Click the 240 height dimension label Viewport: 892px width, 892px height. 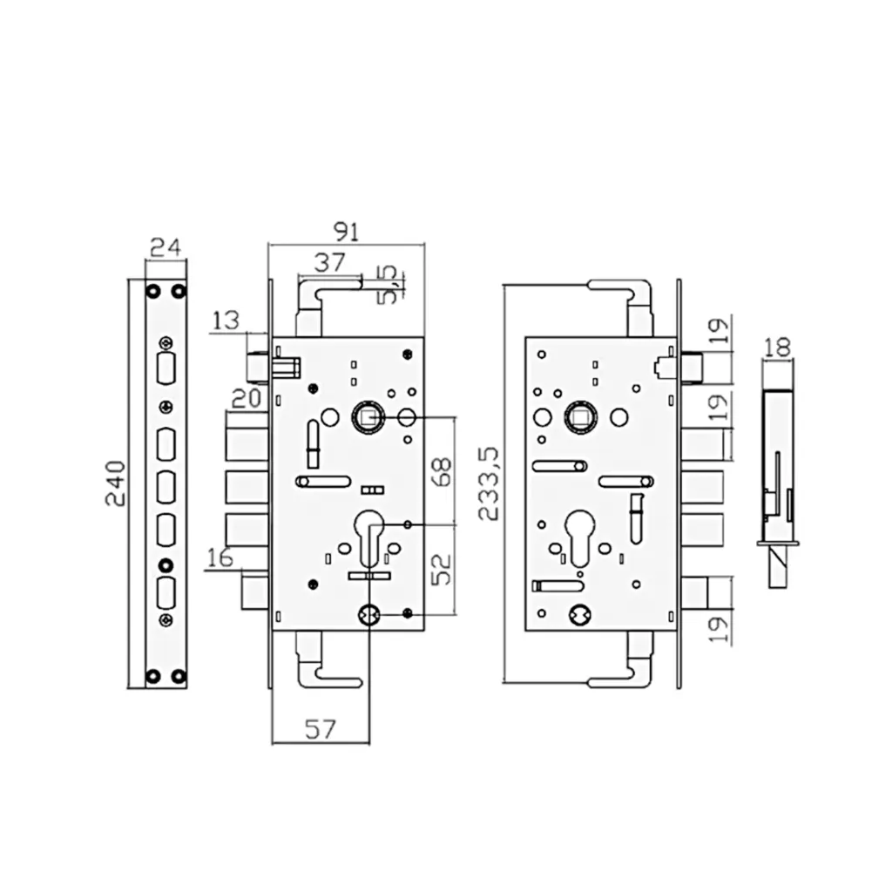pyautogui.click(x=117, y=484)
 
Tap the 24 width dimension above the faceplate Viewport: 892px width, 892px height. pyautogui.click(x=166, y=247)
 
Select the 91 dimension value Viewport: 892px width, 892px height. pyautogui.click(x=347, y=231)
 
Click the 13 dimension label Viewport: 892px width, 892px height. pyautogui.click(x=226, y=321)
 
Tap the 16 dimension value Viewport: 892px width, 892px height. pyautogui.click(x=221, y=557)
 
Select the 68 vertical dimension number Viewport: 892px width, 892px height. pyautogui.click(x=442, y=470)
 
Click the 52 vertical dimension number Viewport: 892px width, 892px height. pyautogui.click(x=442, y=569)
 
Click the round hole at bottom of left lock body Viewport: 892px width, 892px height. pyautogui.click(x=368, y=615)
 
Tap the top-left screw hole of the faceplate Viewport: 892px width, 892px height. pyautogui.click(x=153, y=290)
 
